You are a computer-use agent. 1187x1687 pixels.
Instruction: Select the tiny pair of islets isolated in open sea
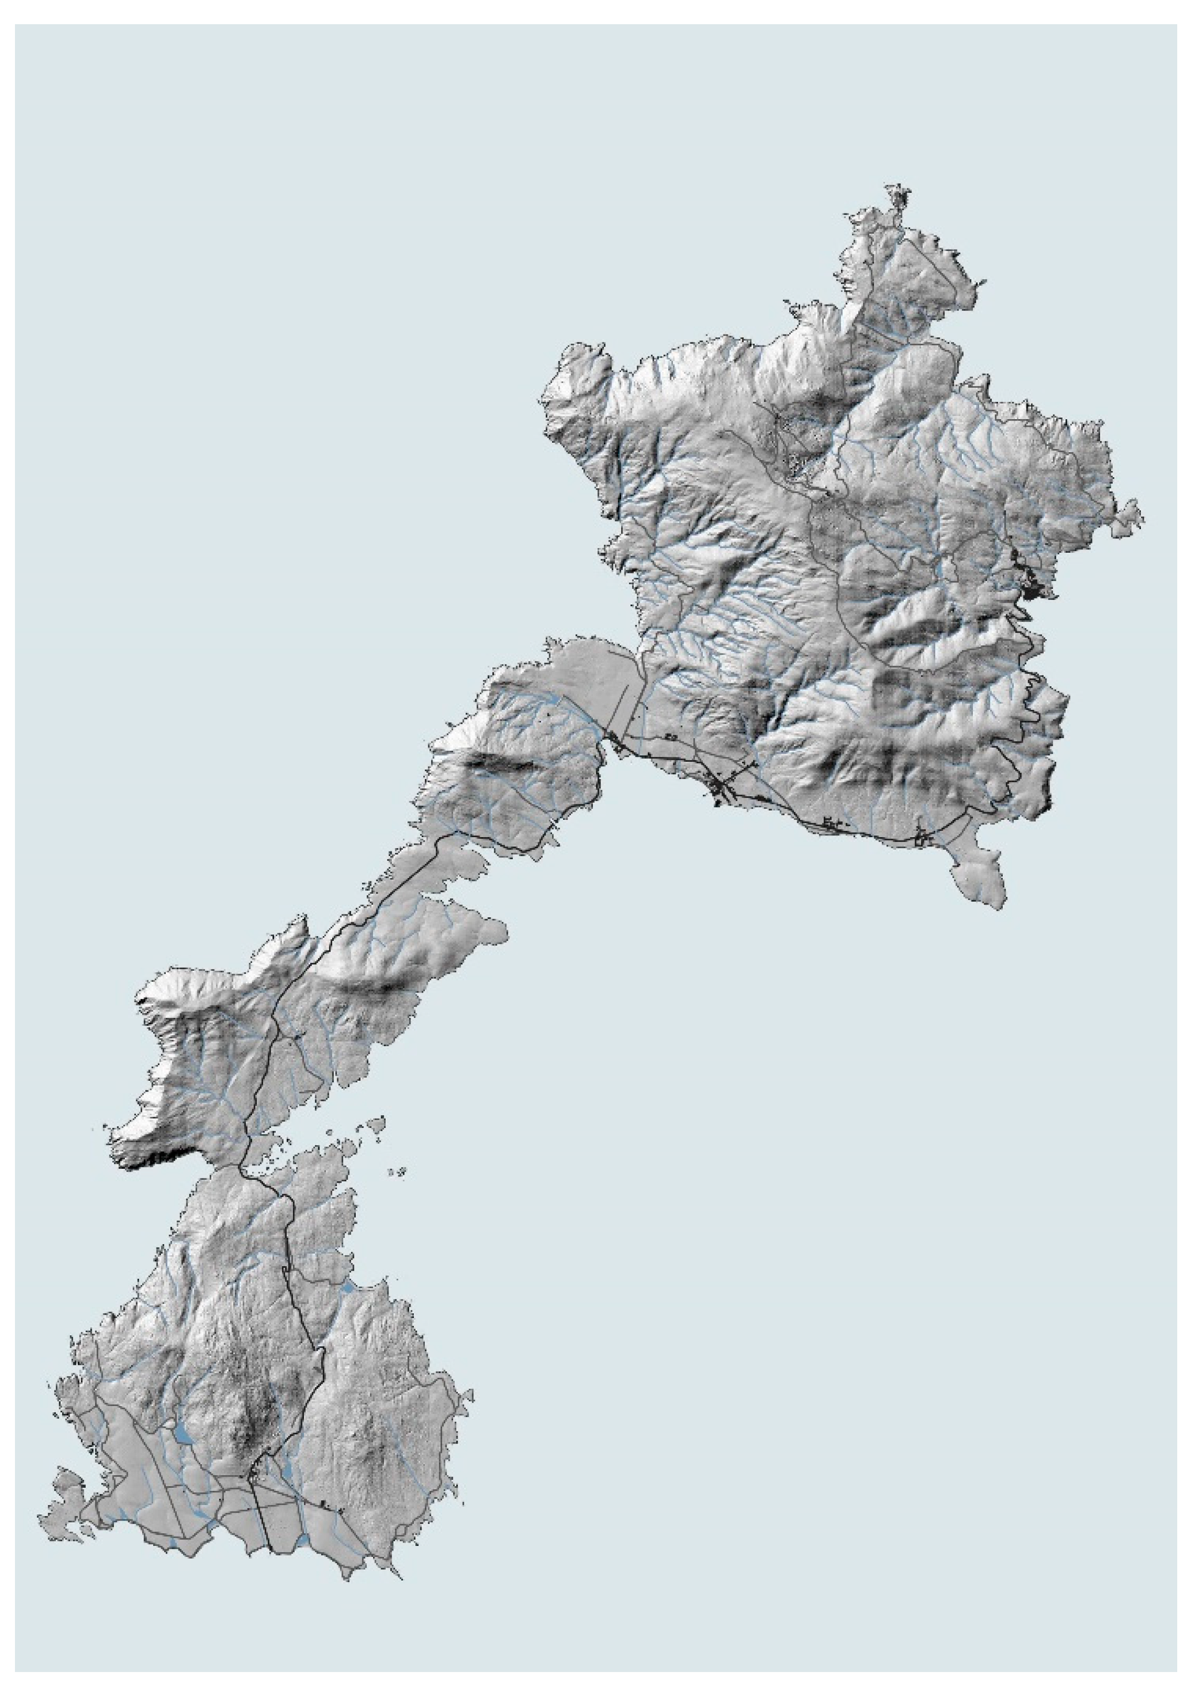click(x=401, y=1171)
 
